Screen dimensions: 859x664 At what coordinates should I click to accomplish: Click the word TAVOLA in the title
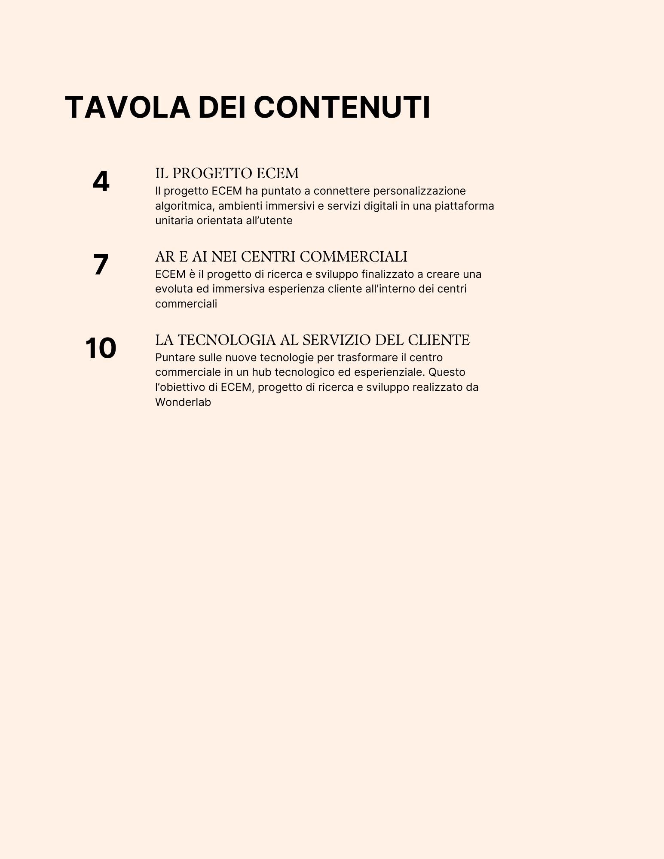click(x=127, y=107)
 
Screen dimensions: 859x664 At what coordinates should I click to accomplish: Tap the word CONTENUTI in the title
click(x=342, y=107)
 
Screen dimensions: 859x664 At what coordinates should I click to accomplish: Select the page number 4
click(x=101, y=182)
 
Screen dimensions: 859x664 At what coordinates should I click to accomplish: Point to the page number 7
click(x=101, y=265)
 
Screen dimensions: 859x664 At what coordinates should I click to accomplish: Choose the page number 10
click(x=101, y=348)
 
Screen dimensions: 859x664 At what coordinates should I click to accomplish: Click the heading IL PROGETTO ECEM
click(x=226, y=174)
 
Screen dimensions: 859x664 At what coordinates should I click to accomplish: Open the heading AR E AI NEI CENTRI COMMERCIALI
click(x=281, y=257)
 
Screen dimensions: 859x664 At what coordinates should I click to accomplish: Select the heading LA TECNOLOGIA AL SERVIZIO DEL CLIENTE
click(x=312, y=340)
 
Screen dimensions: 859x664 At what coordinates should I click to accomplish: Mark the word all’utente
click(x=275, y=221)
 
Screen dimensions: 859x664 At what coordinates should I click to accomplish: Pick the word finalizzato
click(x=387, y=274)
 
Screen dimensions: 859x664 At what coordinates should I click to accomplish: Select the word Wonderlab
click(x=183, y=402)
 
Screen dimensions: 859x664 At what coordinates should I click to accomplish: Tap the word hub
click(x=261, y=372)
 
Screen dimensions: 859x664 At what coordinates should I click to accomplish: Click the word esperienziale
click(x=389, y=372)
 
